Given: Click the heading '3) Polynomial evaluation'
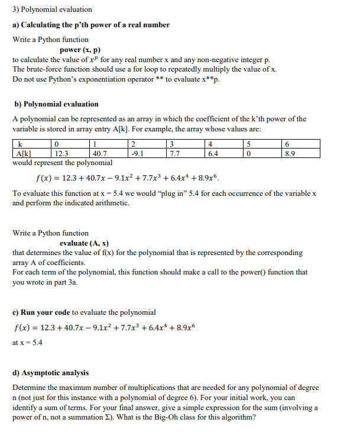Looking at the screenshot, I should (52, 9).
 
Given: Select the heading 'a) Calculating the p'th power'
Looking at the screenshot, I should (91, 25).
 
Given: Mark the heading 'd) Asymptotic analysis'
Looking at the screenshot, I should (51, 373).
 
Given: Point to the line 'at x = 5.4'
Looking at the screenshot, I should (27, 343).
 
